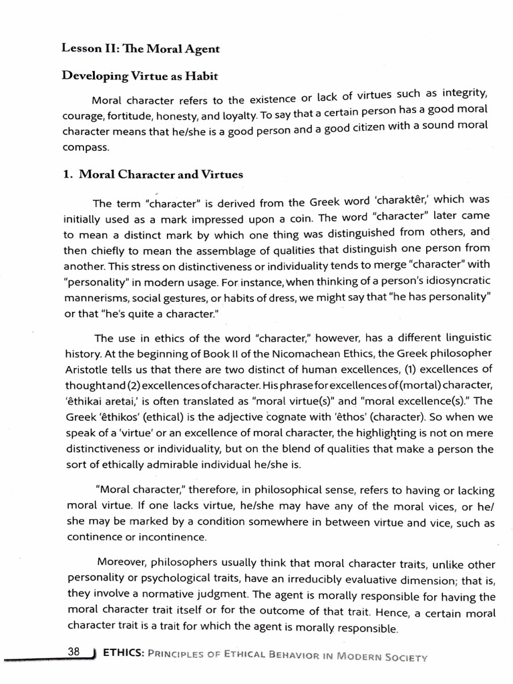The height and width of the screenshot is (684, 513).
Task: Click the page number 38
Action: pos(73,651)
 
